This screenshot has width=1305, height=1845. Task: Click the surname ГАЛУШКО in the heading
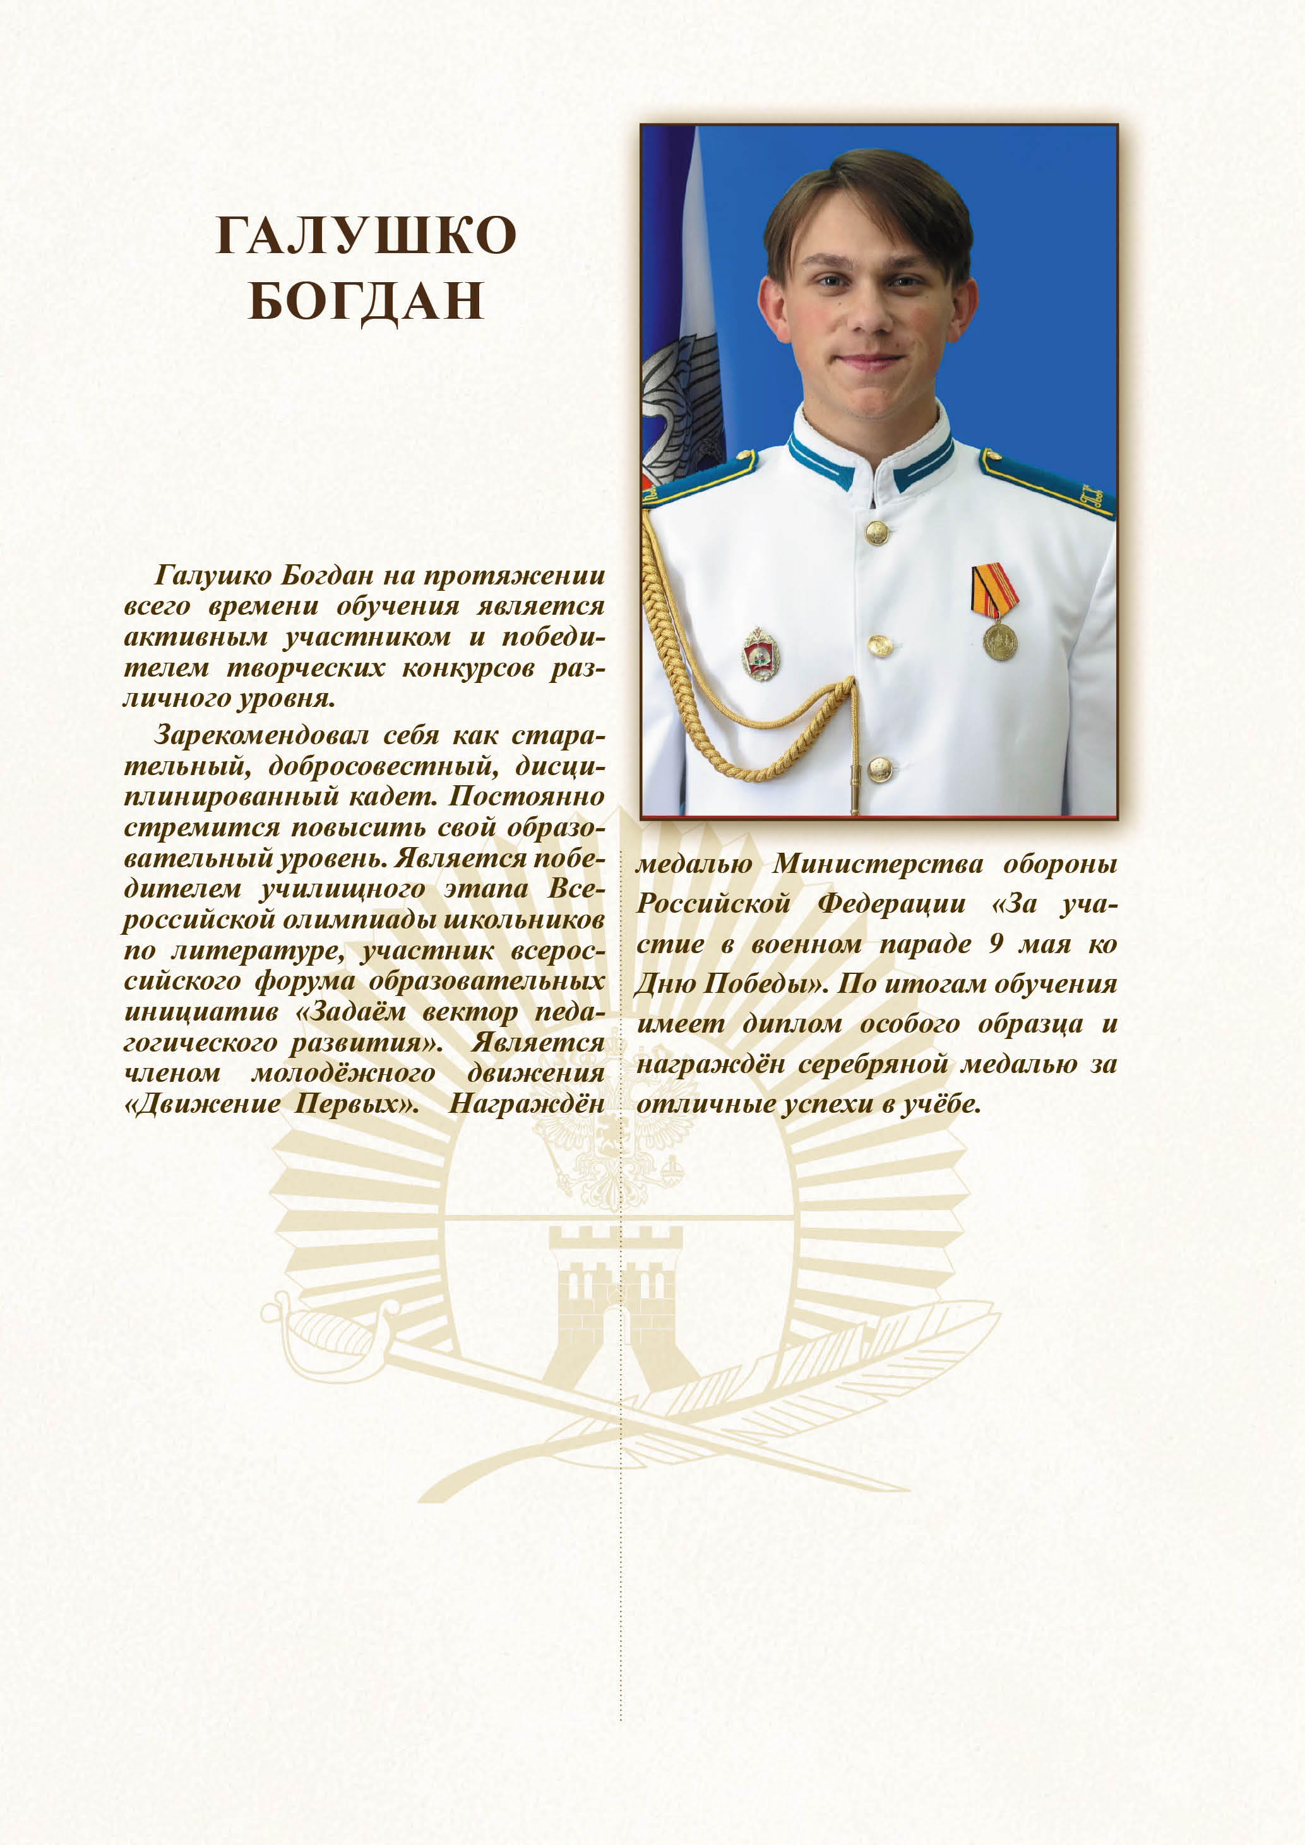point(366,235)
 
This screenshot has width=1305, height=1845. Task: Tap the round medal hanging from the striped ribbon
point(999,641)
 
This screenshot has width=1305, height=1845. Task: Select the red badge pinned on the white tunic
point(760,655)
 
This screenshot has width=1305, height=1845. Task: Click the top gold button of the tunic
point(876,531)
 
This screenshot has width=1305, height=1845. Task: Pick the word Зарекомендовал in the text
point(260,735)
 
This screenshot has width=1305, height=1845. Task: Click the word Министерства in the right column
point(878,864)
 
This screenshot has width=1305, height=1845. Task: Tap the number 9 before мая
point(996,944)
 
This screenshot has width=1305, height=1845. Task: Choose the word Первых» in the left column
point(356,1103)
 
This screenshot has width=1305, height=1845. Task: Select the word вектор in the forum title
point(470,1012)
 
